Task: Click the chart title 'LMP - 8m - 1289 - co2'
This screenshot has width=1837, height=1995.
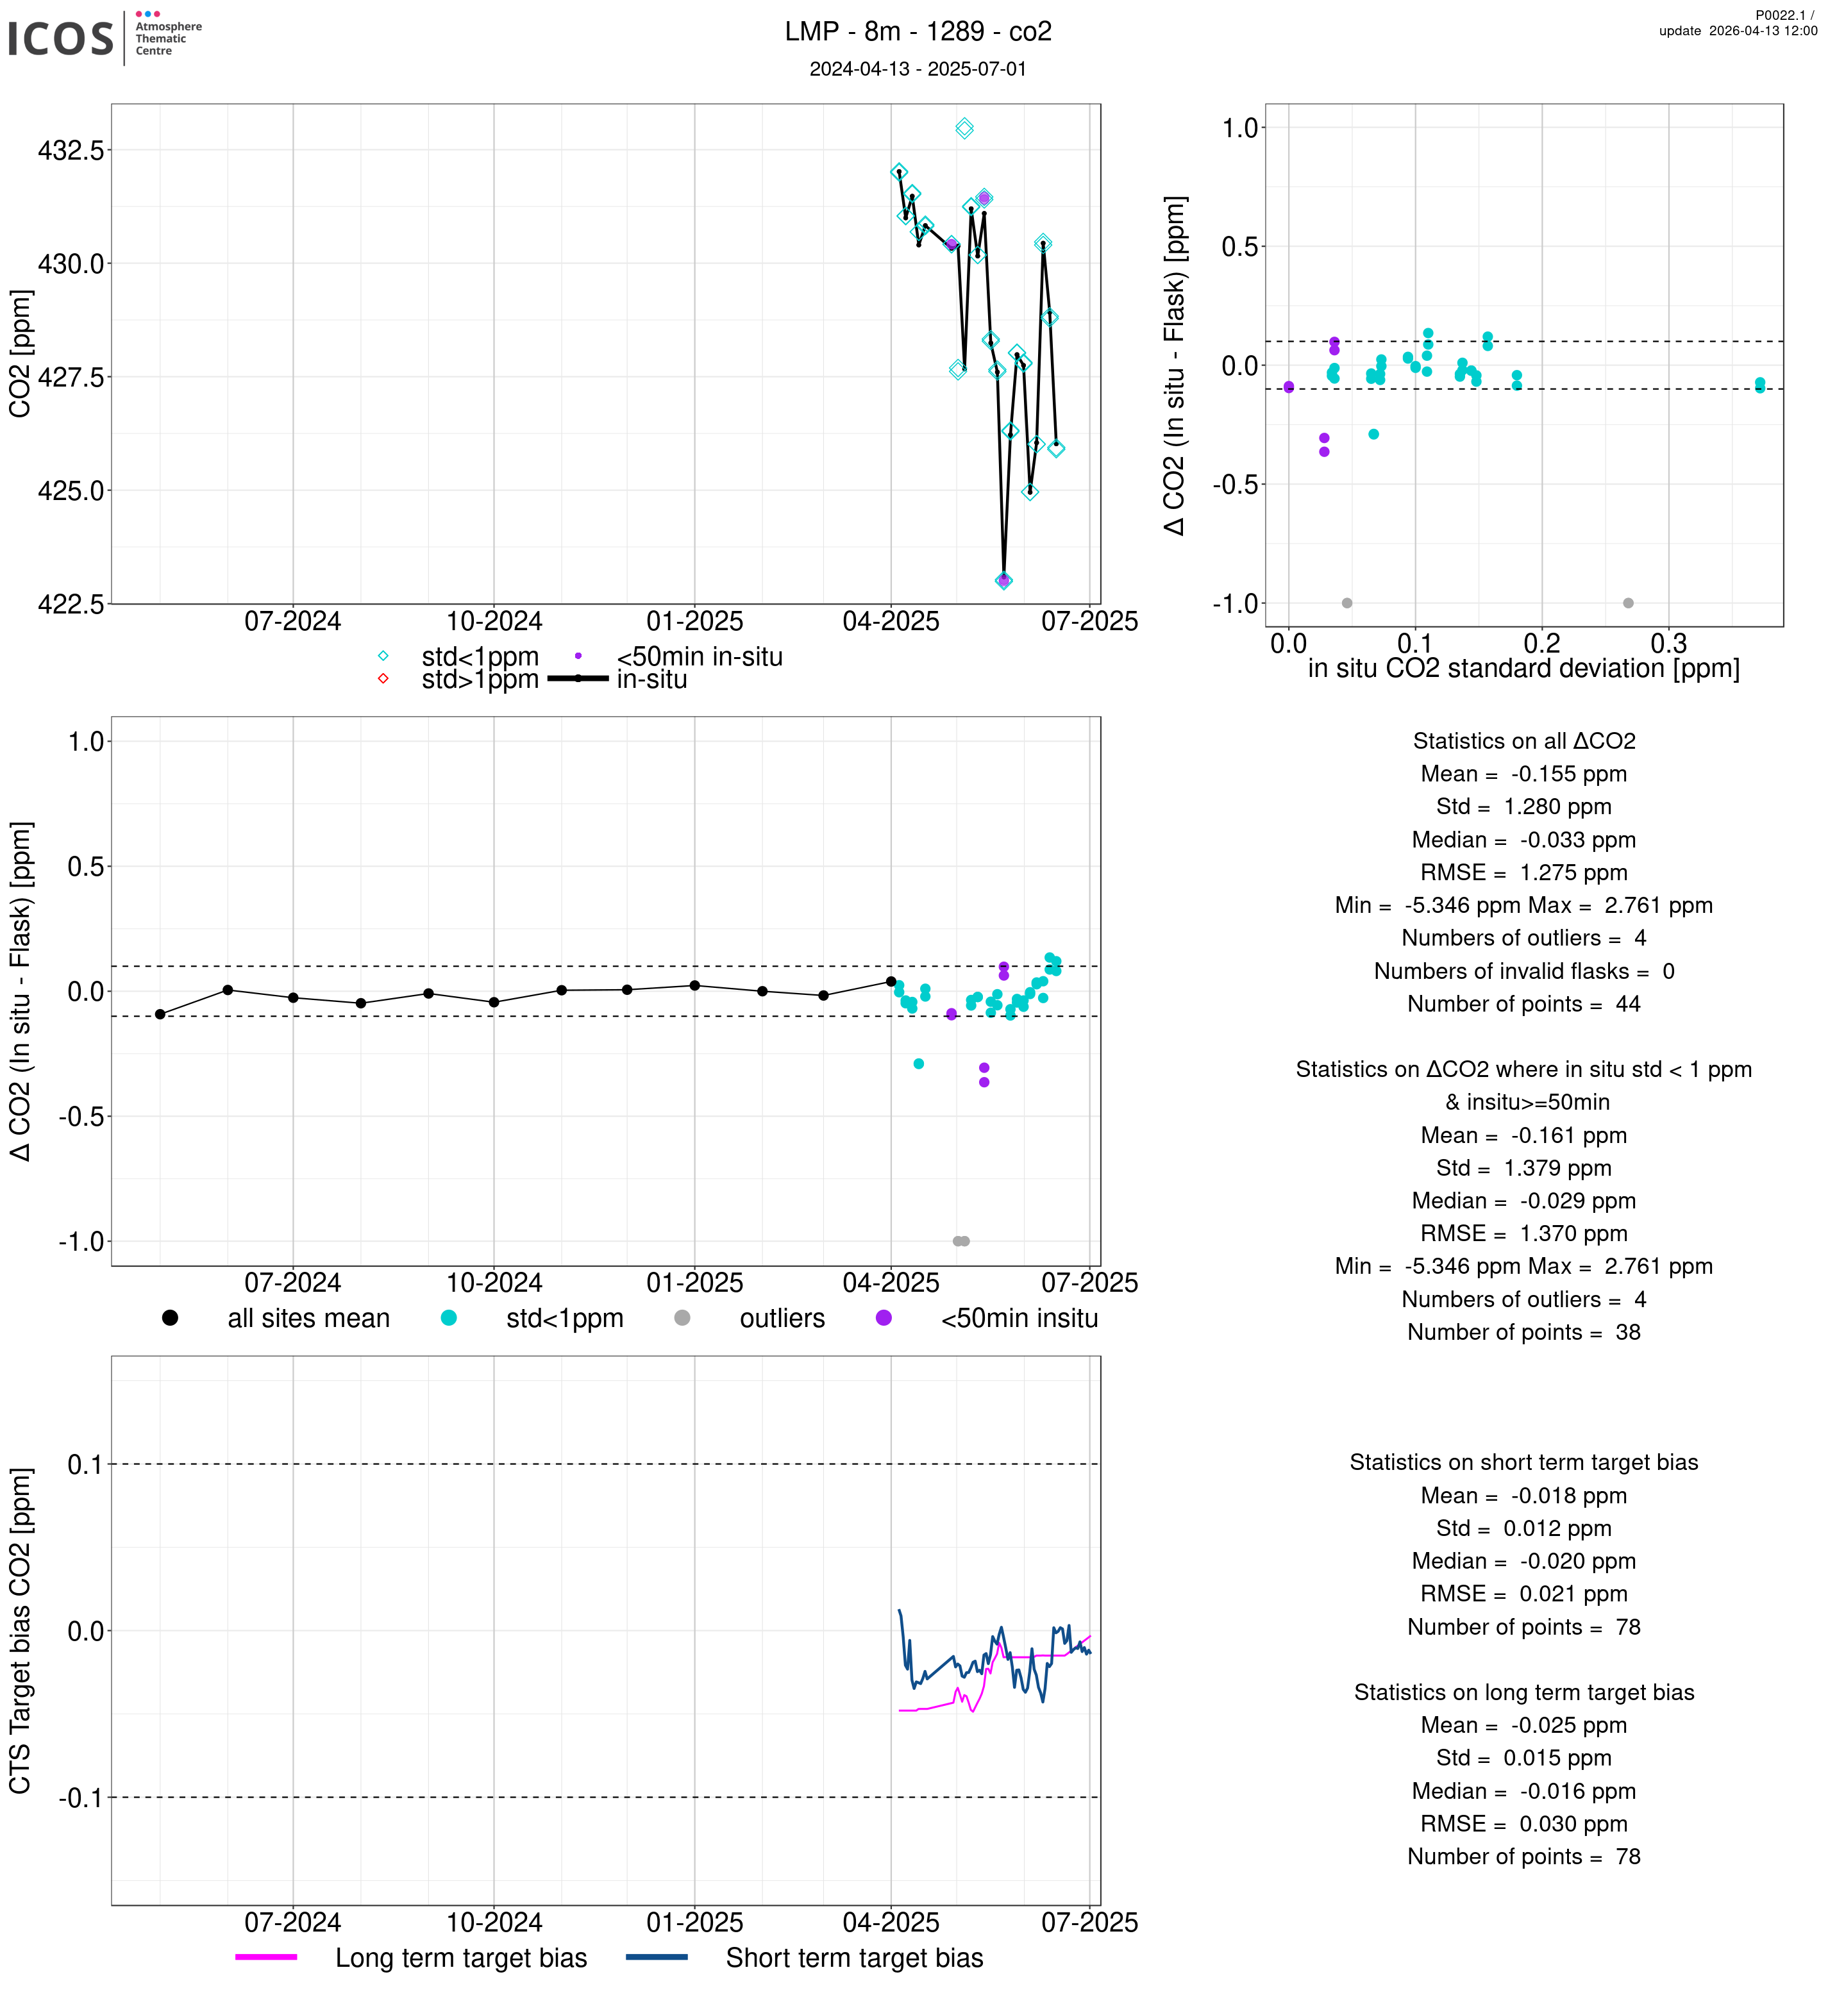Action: [918, 32]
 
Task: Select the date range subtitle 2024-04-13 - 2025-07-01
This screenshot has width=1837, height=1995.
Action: [918, 69]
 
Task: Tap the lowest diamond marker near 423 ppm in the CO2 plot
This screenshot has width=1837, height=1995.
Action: [1004, 581]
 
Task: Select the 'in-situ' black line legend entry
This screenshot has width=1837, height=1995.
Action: [651, 680]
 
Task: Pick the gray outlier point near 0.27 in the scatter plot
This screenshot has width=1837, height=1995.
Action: [1628, 603]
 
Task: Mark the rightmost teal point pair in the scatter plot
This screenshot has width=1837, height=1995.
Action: [1759, 385]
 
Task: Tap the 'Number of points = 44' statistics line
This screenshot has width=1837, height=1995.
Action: [1523, 1004]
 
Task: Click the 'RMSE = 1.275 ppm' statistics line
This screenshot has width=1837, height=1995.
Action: [1523, 872]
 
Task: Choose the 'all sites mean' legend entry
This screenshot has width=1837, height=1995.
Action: [308, 1318]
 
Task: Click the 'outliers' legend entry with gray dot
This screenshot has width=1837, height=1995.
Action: [782, 1318]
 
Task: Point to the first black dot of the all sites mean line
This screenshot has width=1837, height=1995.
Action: [160, 1014]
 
